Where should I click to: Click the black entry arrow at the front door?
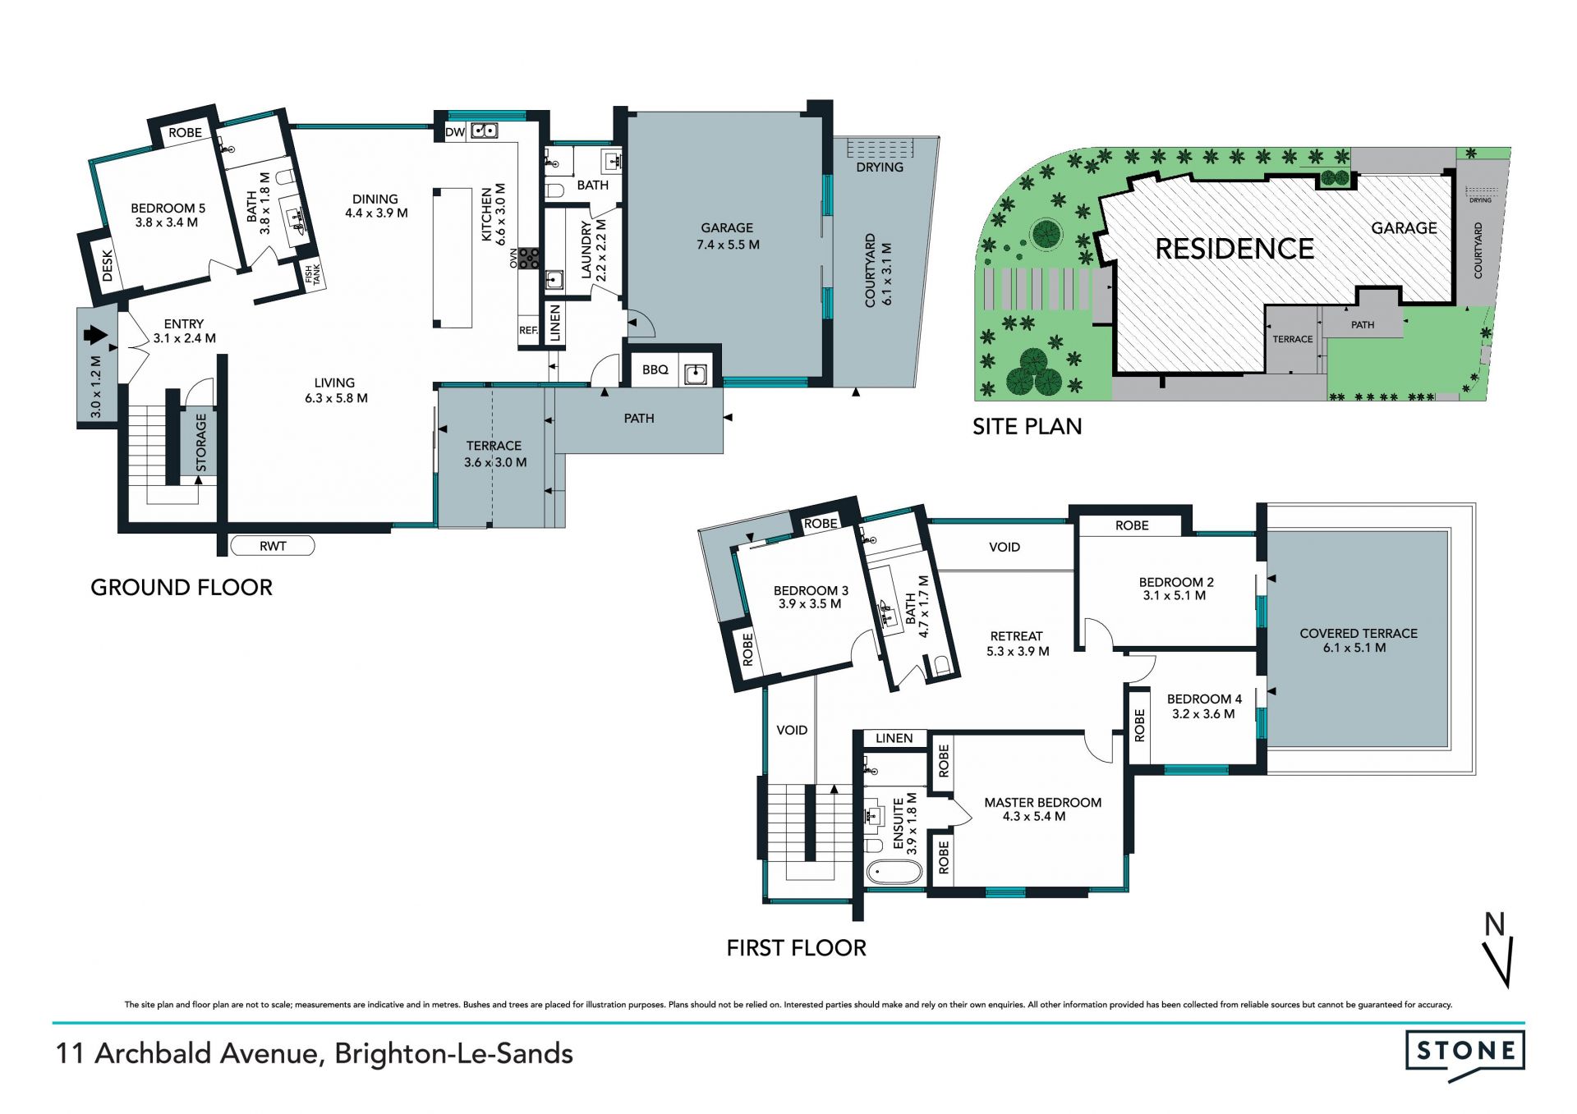(96, 335)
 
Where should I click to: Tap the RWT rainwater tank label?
(273, 546)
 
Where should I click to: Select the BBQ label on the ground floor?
(655, 370)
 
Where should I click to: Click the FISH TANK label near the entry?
(314, 275)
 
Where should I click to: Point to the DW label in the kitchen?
(455, 132)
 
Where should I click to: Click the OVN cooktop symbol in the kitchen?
(529, 259)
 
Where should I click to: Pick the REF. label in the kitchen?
(529, 331)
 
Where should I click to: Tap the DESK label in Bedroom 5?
(108, 266)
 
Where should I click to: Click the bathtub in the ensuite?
(894, 872)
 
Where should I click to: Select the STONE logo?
(1465, 1057)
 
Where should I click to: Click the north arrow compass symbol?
(1500, 951)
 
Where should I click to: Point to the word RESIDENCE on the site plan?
(1234, 249)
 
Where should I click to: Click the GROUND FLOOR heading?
(182, 588)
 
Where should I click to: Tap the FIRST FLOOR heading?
(797, 948)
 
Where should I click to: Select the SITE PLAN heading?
(1028, 427)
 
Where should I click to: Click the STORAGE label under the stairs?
(201, 443)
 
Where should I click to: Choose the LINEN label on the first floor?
(894, 738)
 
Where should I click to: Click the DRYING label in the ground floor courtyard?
(880, 167)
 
